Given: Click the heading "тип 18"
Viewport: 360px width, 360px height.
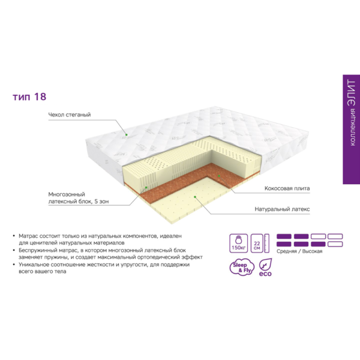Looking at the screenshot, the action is click(29, 97).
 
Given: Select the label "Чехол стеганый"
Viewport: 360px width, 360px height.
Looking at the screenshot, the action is click(70, 115).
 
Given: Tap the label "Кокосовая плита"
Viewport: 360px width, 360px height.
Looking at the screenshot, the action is click(287, 188).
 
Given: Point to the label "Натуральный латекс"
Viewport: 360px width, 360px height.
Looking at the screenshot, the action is click(282, 209).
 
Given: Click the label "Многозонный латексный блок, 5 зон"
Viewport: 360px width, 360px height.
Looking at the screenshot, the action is click(78, 198).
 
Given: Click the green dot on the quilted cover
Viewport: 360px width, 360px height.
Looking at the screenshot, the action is click(126, 134).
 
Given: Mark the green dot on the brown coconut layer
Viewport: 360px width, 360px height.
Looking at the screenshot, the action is click(219, 176).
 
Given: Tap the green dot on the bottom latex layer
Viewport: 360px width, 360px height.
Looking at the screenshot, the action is click(195, 197).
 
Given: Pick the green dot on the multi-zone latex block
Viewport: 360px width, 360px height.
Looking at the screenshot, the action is click(146, 188).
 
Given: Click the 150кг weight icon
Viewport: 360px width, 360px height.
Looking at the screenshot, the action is click(239, 244).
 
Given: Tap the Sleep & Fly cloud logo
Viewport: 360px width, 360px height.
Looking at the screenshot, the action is click(242, 268).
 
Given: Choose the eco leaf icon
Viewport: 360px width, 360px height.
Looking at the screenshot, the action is click(265, 267).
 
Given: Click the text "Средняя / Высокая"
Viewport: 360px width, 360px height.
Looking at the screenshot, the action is click(299, 251).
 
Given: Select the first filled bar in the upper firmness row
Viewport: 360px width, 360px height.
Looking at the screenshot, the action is click(284, 236).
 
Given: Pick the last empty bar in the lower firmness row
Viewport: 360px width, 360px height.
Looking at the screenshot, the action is click(335, 244).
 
